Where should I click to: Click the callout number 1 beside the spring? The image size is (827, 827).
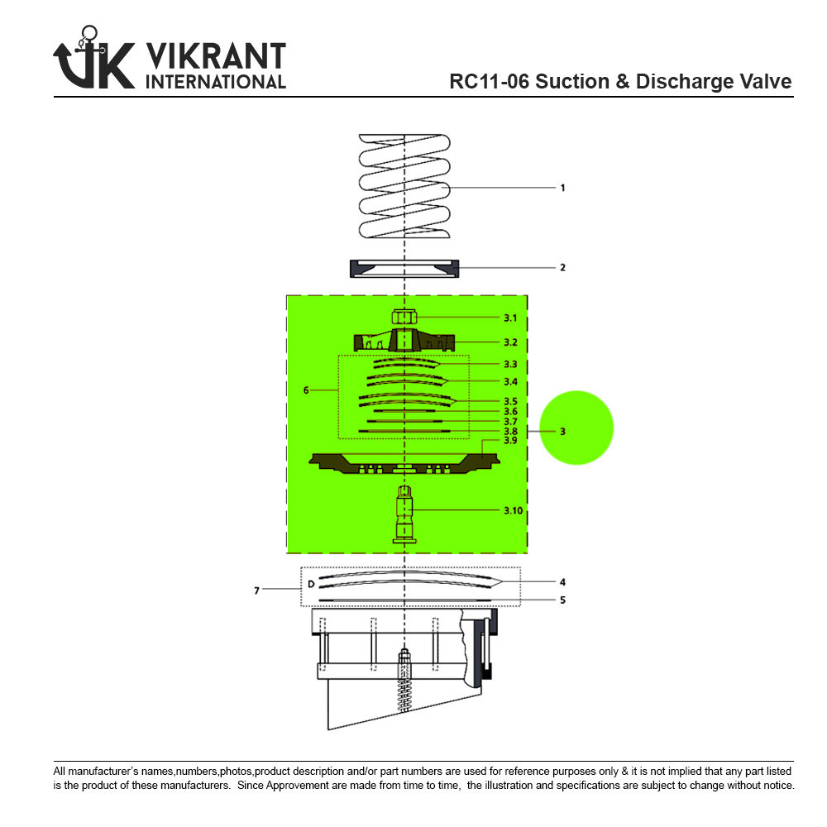(x=562, y=188)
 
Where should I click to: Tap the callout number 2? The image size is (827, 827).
(x=562, y=268)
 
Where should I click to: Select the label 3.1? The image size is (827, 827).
(x=510, y=318)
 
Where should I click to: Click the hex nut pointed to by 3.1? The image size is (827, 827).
(x=404, y=318)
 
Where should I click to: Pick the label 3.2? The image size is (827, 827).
(x=510, y=341)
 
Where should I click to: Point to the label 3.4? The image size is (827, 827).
(x=510, y=381)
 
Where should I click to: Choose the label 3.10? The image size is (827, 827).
(x=513, y=510)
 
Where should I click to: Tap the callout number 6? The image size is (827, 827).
(x=306, y=390)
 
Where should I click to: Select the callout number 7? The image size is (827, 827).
(x=256, y=590)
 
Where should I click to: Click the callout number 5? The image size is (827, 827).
(x=562, y=600)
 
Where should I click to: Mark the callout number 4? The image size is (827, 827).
(x=562, y=581)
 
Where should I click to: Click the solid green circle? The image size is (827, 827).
(x=576, y=428)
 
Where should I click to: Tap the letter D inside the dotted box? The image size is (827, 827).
(x=310, y=584)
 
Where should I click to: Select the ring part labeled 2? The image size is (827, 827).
(x=404, y=269)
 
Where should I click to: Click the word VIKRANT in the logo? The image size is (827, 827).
(x=215, y=57)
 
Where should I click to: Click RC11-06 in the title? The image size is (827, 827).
(x=489, y=82)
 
